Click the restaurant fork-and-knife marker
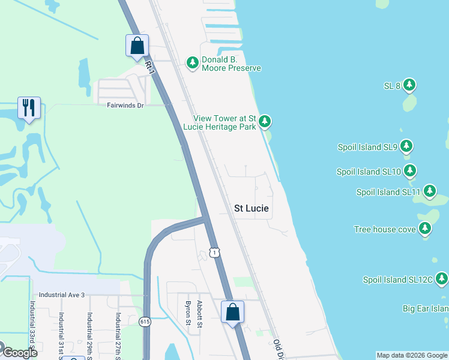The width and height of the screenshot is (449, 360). click(x=29, y=108)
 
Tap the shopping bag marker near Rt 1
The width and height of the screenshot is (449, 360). click(x=137, y=46)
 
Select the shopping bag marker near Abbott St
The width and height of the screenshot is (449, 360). click(x=232, y=312)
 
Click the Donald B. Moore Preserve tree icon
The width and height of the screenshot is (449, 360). click(x=192, y=62)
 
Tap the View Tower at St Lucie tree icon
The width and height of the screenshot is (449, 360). click(x=264, y=122)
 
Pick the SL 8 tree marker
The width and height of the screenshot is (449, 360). click(x=409, y=85)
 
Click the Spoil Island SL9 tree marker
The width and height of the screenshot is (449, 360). click(x=406, y=146)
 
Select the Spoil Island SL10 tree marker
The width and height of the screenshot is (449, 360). click(x=410, y=171)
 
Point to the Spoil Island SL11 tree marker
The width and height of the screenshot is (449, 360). click(x=429, y=191)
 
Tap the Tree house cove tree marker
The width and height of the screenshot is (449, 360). click(x=425, y=228)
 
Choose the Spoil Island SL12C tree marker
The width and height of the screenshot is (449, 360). click(x=442, y=278)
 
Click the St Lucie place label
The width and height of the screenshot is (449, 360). click(x=251, y=209)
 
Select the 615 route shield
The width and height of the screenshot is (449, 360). click(x=146, y=322)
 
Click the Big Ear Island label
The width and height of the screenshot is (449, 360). click(x=425, y=308)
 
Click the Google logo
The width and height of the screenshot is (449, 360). click(x=19, y=353)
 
